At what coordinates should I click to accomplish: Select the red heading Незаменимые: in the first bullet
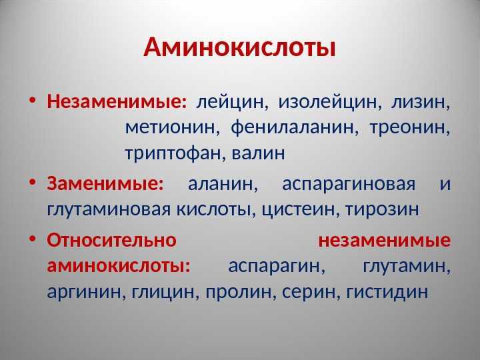pyautogui.click(x=117, y=101)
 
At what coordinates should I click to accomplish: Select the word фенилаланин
pyautogui.click(x=292, y=127)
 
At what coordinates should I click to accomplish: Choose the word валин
pyautogui.click(x=258, y=153)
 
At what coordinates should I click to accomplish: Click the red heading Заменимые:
pyautogui.click(x=105, y=183)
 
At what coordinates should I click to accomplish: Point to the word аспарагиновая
pyautogui.click(x=349, y=185)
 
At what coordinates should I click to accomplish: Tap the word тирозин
pyautogui.click(x=382, y=210)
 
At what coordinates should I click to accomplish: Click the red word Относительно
pyautogui.click(x=112, y=240)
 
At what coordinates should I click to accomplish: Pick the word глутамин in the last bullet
pyautogui.click(x=405, y=267)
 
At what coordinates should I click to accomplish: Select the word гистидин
pyautogui.click(x=387, y=292)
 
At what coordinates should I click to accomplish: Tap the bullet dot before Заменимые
pyautogui.click(x=33, y=182)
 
